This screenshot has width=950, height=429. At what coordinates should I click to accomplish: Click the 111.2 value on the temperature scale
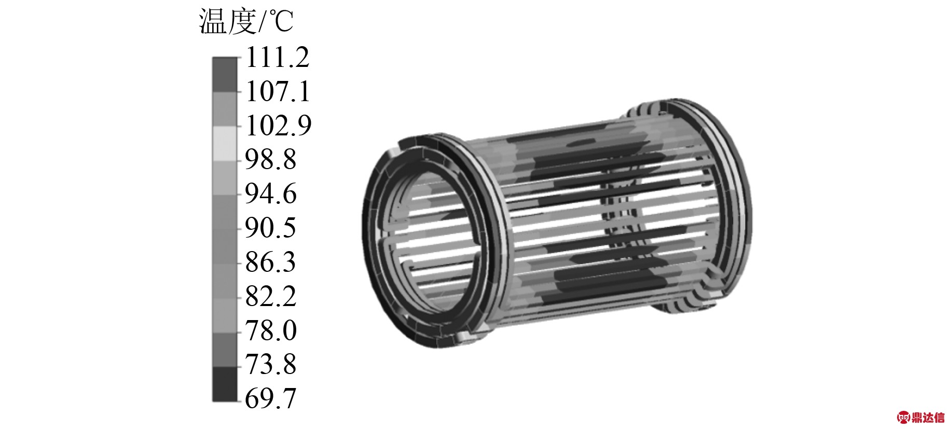coord(277,57)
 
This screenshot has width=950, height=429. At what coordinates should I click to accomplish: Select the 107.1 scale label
coord(278,92)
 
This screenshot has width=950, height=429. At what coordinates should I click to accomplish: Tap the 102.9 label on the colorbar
coord(278,126)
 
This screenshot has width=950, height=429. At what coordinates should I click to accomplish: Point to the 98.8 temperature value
coord(270,159)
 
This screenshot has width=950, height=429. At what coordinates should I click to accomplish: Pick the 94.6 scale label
coord(270,193)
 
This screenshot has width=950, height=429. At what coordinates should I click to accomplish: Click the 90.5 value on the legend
coord(270,228)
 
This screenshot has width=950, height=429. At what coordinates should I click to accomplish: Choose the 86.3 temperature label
coord(270,262)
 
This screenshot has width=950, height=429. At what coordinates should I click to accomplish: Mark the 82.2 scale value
coord(270,296)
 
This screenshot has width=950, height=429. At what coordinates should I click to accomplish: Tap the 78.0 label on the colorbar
coord(270,330)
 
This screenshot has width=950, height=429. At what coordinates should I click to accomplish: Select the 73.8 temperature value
coord(270,364)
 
